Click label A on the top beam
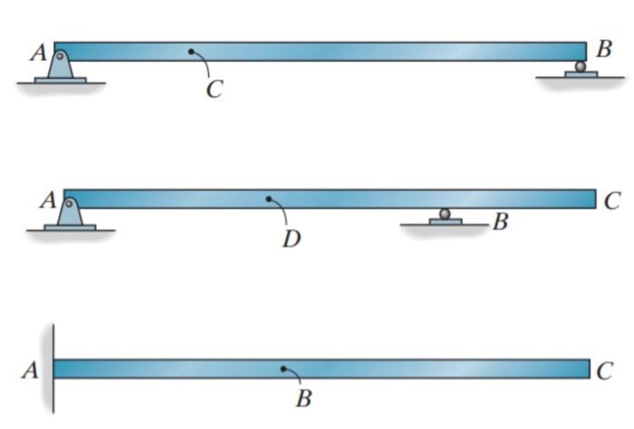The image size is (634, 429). pyautogui.click(x=38, y=53)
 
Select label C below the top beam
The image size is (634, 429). pyautogui.click(x=214, y=91)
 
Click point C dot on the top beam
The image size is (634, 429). pyautogui.click(x=191, y=52)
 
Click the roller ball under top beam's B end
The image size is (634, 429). pyautogui.click(x=581, y=66)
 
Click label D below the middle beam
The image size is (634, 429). pyautogui.click(x=291, y=240)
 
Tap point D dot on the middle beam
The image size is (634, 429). pyautogui.click(x=268, y=198)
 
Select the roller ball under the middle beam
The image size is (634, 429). pyautogui.click(x=445, y=214)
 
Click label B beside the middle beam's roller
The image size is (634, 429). pyautogui.click(x=500, y=222)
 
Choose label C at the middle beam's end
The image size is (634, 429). pyautogui.click(x=612, y=201)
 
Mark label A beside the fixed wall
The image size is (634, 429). pyautogui.click(x=30, y=370)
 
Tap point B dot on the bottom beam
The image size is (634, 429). pyautogui.click(x=283, y=368)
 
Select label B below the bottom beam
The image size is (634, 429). pyautogui.click(x=304, y=399)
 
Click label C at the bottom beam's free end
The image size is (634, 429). pyautogui.click(x=605, y=371)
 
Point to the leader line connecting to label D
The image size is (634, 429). pyautogui.click(x=283, y=214)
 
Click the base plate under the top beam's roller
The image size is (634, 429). pyautogui.click(x=581, y=73)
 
